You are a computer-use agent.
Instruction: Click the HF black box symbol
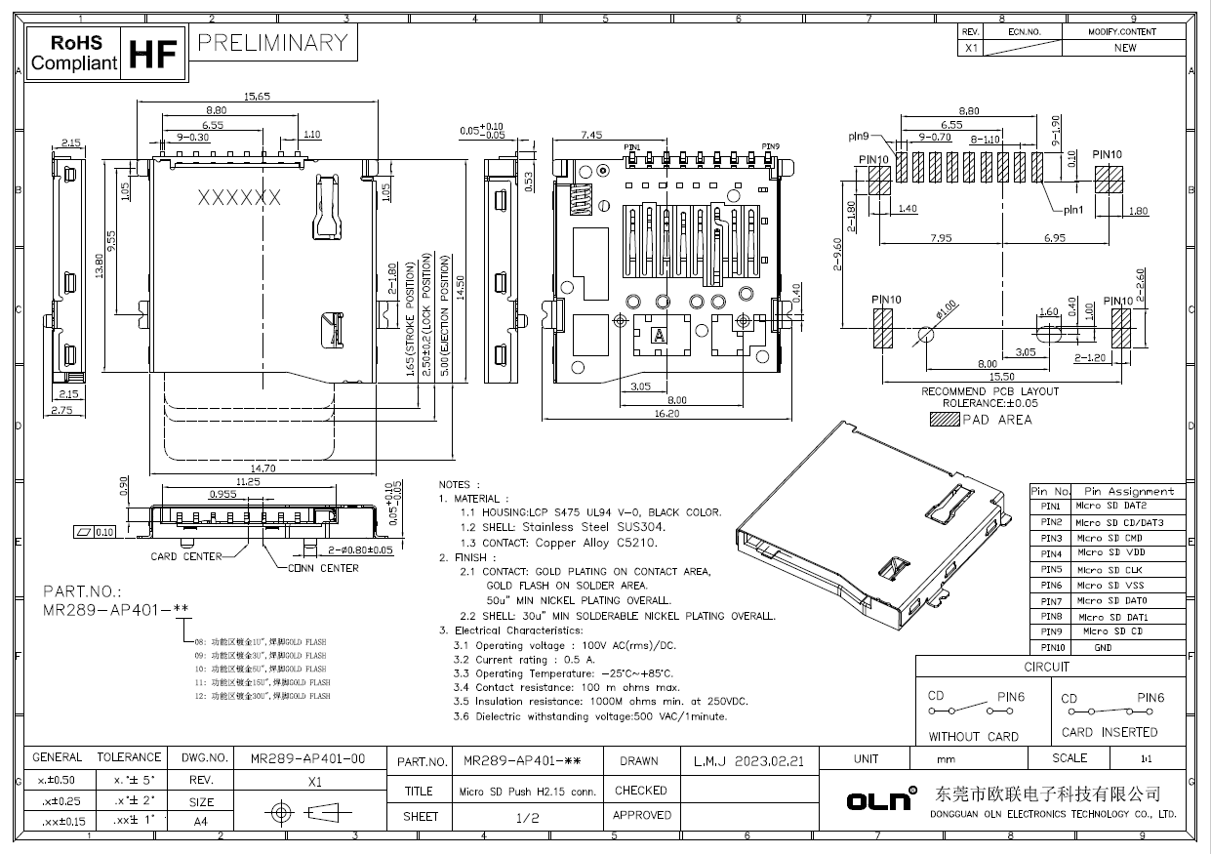pyautogui.click(x=151, y=55)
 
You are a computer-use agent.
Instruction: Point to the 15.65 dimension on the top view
pyautogui.click(x=257, y=96)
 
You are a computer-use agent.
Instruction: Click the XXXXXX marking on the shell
pyautogui.click(x=240, y=198)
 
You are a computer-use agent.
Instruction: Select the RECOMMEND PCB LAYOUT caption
pyautogui.click(x=990, y=391)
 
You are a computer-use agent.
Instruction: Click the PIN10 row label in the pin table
pyautogui.click(x=1051, y=647)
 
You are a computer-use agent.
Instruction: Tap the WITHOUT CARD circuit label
pyautogui.click(x=973, y=737)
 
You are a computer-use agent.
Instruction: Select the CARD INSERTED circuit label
pyautogui.click(x=1110, y=732)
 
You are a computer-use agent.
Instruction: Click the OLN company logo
pyautogui.click(x=881, y=800)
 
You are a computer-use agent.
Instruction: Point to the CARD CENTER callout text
pyautogui.click(x=185, y=556)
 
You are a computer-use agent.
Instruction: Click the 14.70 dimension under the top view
pyautogui.click(x=260, y=468)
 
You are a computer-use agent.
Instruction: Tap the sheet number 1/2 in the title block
pyautogui.click(x=527, y=817)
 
